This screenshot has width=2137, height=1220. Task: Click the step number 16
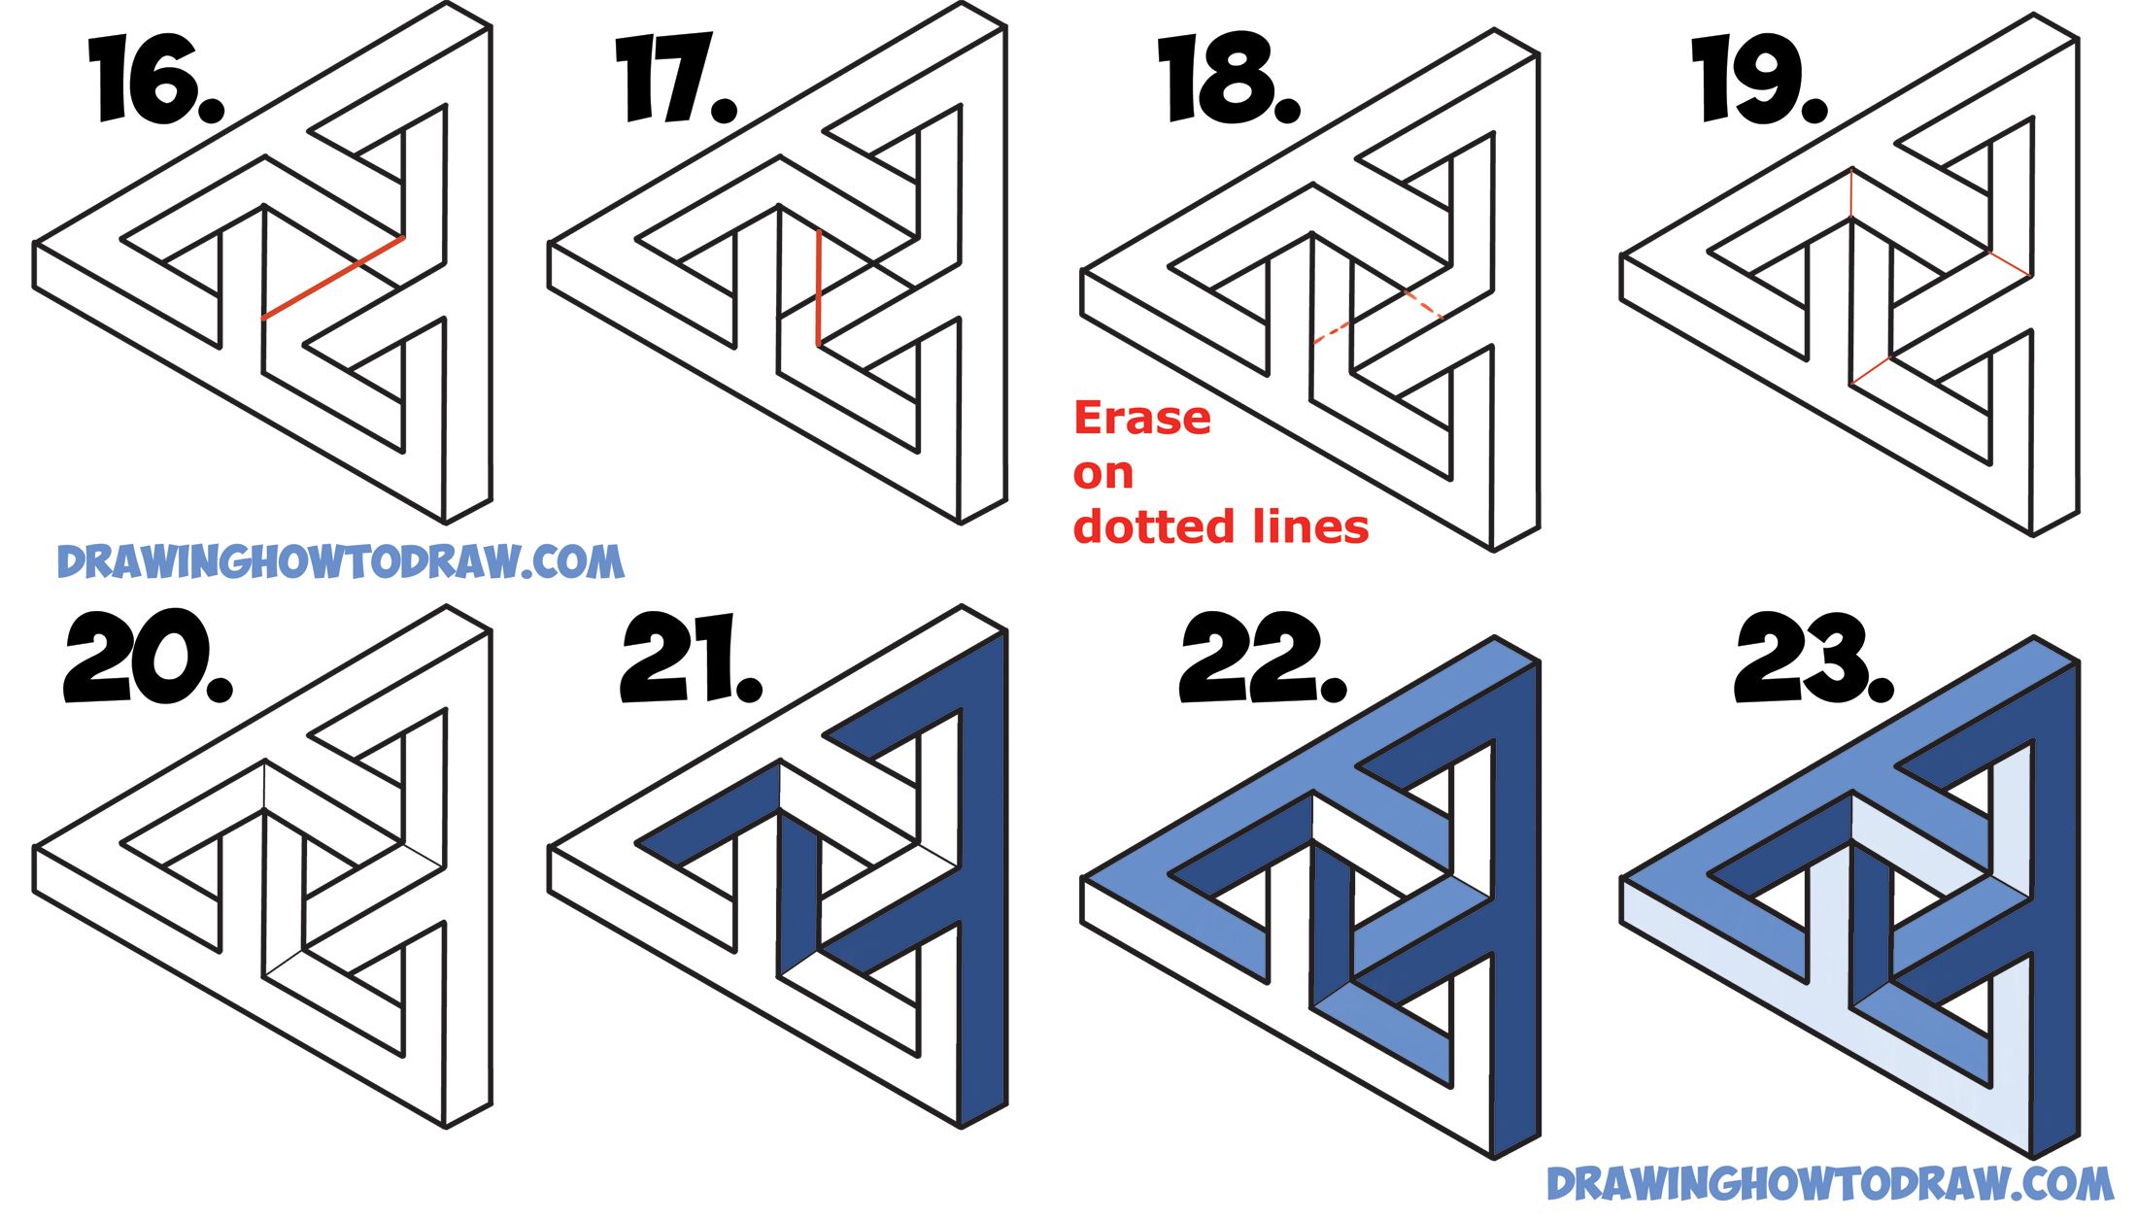tap(155, 80)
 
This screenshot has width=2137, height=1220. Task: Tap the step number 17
tap(675, 80)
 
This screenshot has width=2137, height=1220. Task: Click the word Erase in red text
tap(1142, 419)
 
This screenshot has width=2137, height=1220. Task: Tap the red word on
tap(1102, 473)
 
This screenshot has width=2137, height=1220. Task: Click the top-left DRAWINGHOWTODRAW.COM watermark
tap(340, 562)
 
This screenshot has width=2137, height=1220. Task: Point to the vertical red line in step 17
tap(818, 288)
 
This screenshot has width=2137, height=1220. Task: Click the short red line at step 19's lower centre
tap(1871, 370)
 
